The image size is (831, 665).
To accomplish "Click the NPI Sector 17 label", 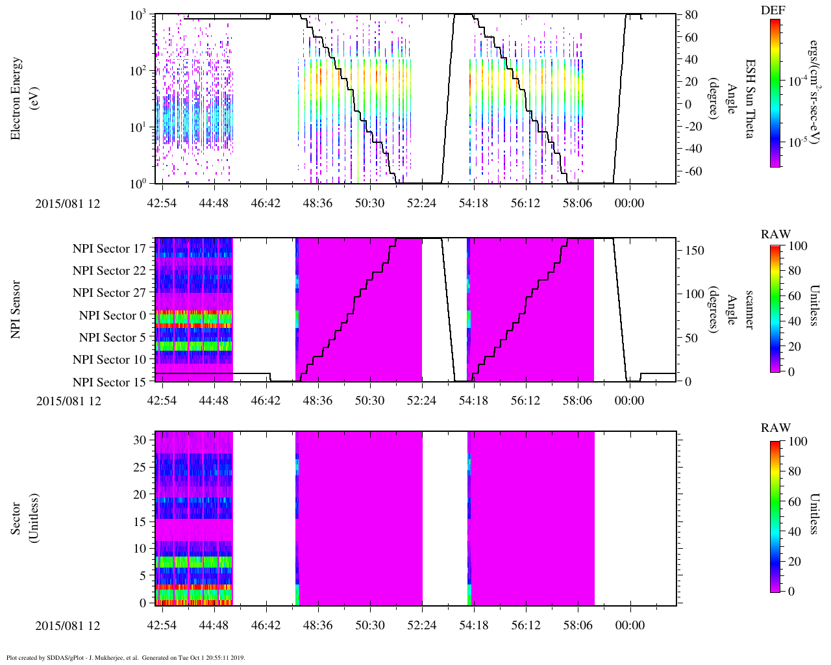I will (x=109, y=248).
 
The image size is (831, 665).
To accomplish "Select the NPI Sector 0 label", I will (x=112, y=316).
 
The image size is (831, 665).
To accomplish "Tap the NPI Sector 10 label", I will (x=109, y=360).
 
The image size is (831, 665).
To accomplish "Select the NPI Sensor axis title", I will (x=16, y=309).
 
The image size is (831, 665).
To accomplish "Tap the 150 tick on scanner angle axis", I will (x=695, y=250).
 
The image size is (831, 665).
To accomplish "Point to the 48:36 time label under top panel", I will (x=317, y=203).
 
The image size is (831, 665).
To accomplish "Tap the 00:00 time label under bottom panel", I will (x=630, y=625).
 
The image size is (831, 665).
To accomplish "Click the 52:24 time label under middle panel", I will (x=421, y=401).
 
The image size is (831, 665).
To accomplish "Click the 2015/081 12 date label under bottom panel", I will (x=68, y=625).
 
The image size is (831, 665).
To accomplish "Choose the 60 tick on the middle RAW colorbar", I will (x=793, y=296).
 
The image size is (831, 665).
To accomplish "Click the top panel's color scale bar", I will (x=775, y=93).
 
